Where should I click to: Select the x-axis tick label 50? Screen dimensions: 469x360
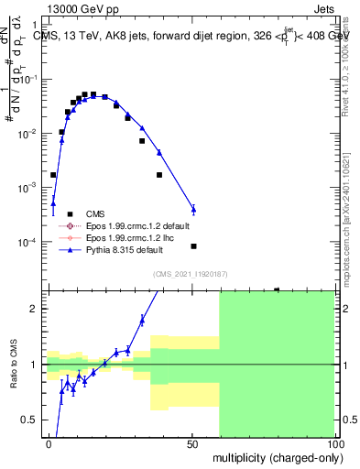pos(192,443)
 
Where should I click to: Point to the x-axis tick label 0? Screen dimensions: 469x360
pos(49,443)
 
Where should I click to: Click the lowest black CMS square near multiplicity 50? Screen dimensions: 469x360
pos(193,246)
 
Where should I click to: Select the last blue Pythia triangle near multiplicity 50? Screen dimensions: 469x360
pos(193,209)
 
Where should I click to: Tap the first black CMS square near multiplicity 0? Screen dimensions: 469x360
pos(53,174)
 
